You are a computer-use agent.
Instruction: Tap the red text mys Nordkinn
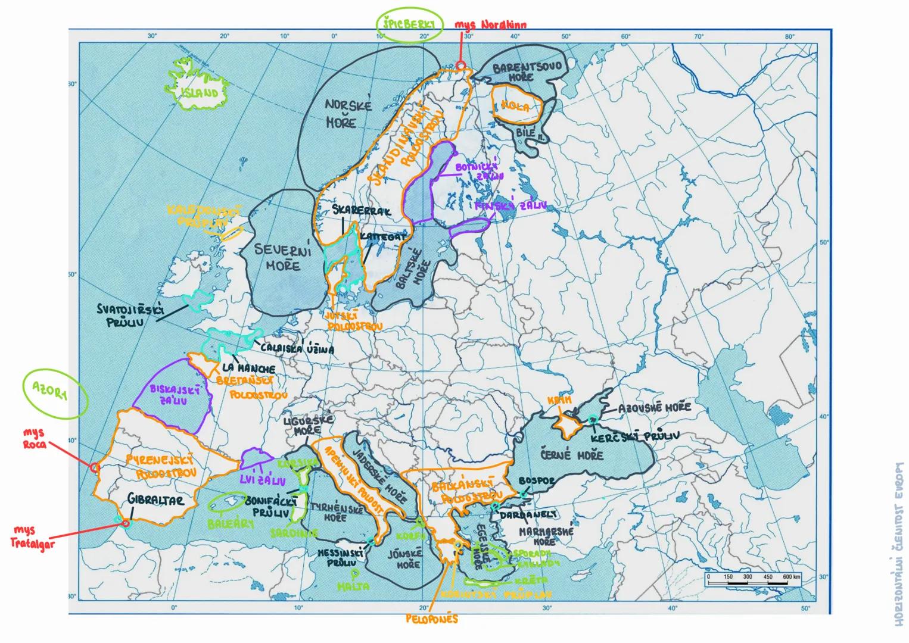point(490,26)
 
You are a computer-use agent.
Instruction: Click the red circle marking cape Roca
point(94,468)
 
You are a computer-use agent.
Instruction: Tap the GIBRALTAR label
point(155,501)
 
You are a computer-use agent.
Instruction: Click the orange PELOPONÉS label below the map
point(432,619)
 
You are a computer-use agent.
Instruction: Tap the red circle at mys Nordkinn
point(460,66)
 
